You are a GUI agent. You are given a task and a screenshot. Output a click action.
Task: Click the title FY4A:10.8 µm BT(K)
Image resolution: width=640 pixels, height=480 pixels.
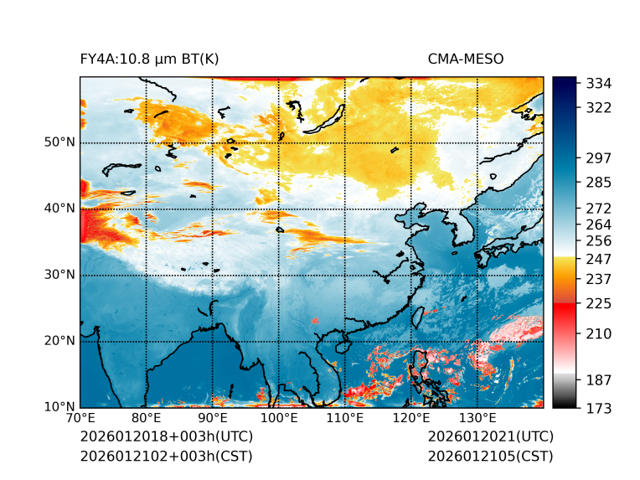(149, 59)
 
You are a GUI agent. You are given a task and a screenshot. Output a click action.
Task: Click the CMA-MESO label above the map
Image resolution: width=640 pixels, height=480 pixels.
(465, 59)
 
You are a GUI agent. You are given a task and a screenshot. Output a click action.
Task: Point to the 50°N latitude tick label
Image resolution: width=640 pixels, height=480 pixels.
(59, 142)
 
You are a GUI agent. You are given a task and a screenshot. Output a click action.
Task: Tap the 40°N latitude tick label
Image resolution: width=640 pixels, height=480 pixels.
(59, 209)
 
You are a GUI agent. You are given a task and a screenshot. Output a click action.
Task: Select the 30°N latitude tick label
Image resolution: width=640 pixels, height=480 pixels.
(59, 275)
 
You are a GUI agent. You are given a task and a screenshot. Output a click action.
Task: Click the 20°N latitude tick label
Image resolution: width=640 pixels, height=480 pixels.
(59, 341)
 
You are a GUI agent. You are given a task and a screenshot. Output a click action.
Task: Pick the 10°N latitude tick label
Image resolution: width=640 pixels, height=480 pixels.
(59, 407)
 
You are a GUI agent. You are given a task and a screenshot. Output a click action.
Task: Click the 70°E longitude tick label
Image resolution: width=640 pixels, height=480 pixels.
(80, 418)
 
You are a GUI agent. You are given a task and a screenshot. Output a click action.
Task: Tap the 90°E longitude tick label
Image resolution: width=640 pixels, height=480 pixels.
(213, 418)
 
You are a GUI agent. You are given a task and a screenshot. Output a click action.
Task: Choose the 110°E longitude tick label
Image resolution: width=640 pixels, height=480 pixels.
(344, 418)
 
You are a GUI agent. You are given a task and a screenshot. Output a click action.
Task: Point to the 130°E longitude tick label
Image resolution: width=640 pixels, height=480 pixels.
(477, 418)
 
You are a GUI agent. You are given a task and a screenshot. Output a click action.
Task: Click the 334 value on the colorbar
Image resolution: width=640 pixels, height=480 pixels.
(599, 84)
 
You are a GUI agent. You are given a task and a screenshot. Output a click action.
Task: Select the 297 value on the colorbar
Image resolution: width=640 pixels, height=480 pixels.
(599, 157)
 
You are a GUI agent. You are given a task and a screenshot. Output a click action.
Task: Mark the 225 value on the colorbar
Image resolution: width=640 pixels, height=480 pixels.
(599, 303)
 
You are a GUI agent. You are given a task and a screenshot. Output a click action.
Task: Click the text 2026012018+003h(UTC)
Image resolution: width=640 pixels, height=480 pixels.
(166, 437)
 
